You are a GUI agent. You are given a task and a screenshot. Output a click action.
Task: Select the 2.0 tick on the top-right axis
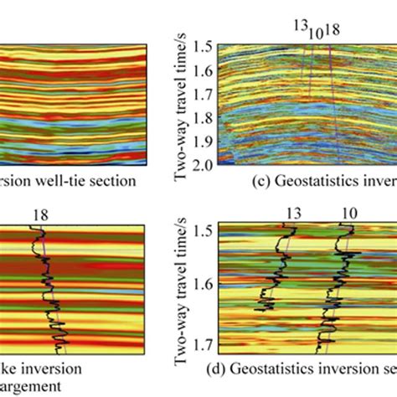click(x=201, y=168)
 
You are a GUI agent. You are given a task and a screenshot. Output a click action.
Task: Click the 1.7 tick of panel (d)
click(x=201, y=343)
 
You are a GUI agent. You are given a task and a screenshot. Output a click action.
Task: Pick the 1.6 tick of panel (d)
click(x=201, y=286)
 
